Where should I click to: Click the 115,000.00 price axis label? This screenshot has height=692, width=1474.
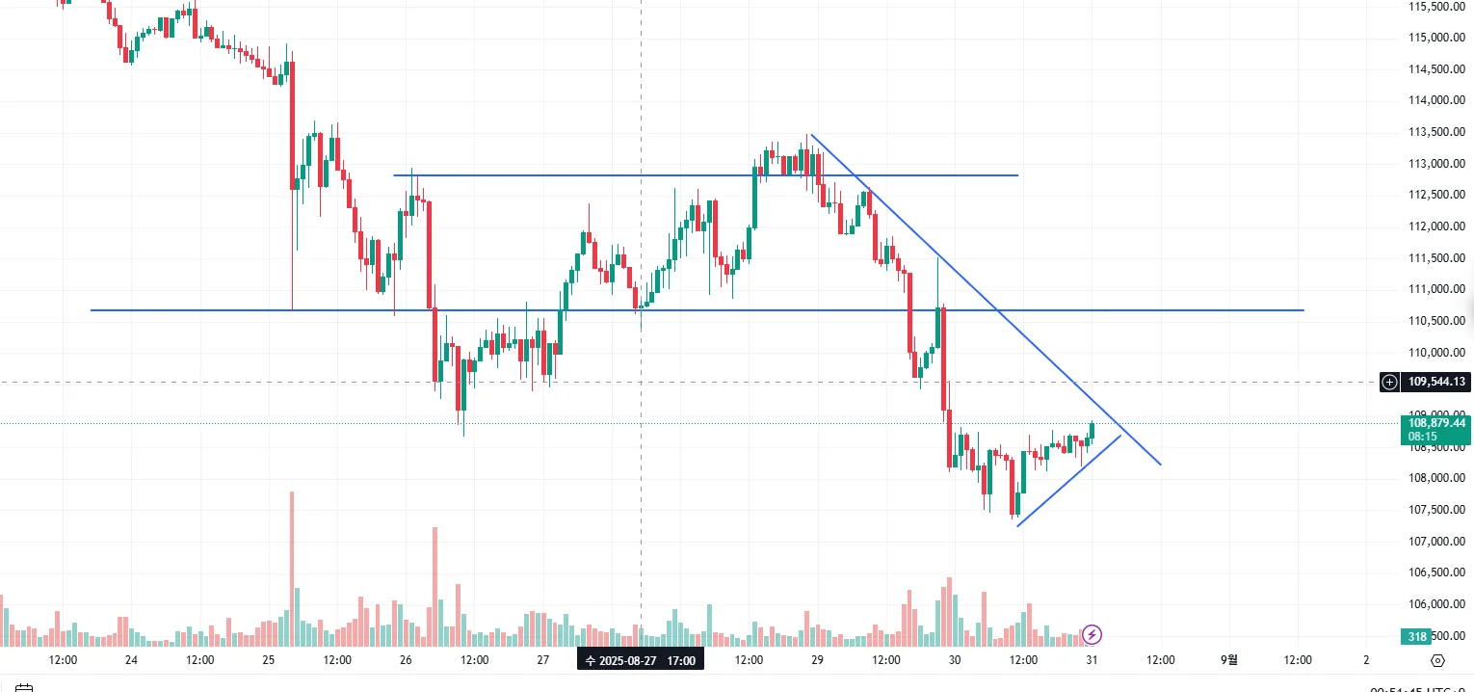1436,38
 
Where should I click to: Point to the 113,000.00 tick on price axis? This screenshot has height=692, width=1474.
1436,164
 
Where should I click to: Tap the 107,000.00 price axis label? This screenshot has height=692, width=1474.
1436,542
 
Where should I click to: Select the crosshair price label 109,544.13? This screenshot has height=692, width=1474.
1436,382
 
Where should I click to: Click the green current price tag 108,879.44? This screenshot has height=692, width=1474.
1436,423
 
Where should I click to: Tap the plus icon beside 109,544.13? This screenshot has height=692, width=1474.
1390,382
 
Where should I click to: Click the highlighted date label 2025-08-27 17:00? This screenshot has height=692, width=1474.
641,660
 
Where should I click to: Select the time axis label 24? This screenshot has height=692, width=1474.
131,660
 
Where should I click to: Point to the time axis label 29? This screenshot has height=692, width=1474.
817,660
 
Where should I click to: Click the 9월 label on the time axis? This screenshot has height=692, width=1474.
1229,660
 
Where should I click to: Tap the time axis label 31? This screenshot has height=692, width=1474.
1092,660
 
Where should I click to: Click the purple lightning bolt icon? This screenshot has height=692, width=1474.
1092,634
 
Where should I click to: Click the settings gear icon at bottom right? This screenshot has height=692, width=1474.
1438,660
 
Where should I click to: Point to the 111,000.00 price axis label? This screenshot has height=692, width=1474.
1436,289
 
